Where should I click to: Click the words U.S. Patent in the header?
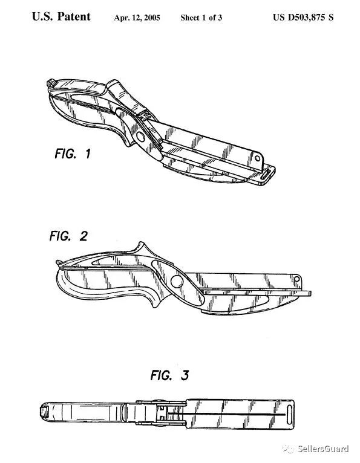click(61, 17)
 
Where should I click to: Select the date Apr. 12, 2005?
click(137, 18)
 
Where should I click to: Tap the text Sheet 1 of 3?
click(201, 18)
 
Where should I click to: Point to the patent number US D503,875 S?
click(303, 18)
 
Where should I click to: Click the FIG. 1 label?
click(73, 154)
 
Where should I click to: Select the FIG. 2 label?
click(68, 236)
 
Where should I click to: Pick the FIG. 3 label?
click(169, 375)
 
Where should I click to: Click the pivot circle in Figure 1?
click(140, 137)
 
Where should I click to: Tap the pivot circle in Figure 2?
click(177, 281)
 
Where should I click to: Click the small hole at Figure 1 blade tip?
click(257, 158)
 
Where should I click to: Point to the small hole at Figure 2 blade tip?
click(296, 279)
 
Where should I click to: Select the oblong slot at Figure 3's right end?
click(289, 414)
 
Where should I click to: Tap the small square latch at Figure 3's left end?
click(44, 411)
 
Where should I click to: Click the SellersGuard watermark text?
click(323, 449)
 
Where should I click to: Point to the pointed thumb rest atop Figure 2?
click(142, 247)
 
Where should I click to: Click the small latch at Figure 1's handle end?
click(51, 83)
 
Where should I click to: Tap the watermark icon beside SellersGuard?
click(288, 449)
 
